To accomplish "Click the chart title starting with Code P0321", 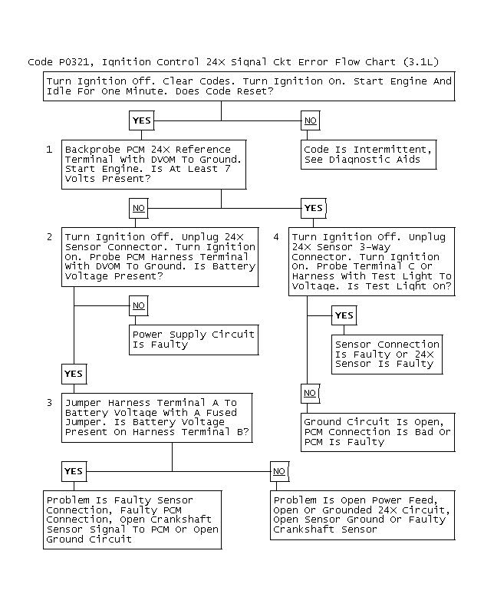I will tap(233, 61).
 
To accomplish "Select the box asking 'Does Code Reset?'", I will tap(249, 86).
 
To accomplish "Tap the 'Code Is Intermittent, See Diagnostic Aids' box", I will tap(369, 154).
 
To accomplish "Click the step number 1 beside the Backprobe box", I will tap(49, 149).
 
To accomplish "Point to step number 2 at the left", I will tap(49, 237).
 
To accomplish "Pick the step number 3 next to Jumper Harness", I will tap(49, 402).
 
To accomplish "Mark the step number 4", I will tap(276, 237).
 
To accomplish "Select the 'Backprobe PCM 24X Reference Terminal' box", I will tap(153, 163).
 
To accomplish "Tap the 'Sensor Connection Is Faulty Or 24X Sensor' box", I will tap(387, 354).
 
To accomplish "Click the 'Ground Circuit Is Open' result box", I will tap(377, 432).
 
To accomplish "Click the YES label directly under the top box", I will tap(142, 120).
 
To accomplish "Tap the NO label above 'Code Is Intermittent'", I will tap(310, 120).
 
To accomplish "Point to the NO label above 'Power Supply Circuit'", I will tap(138, 305).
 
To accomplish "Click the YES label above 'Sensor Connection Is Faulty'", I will tap(344, 315).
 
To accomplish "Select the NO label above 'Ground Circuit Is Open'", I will tap(310, 393).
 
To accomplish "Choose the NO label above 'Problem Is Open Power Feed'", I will tap(278, 470).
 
